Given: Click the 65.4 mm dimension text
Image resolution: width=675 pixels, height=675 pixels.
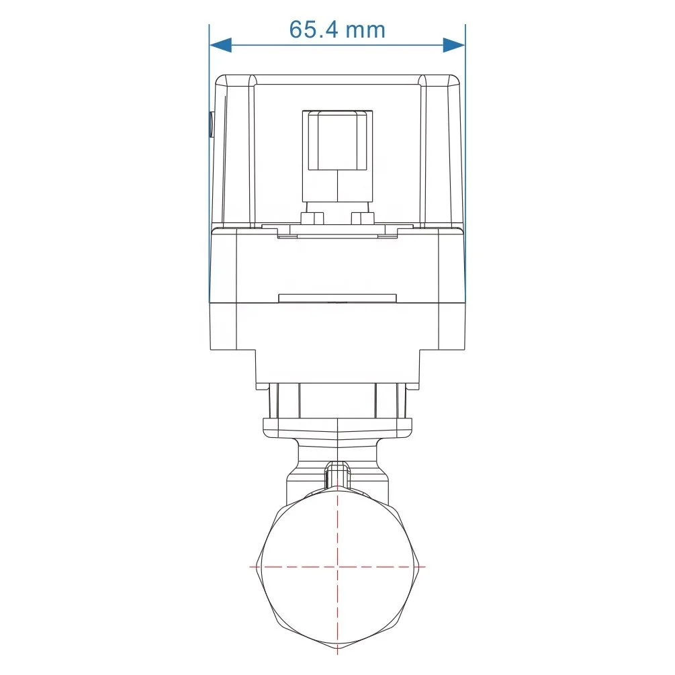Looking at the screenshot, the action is (x=337, y=30).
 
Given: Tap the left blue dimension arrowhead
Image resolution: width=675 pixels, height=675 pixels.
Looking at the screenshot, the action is (x=220, y=45).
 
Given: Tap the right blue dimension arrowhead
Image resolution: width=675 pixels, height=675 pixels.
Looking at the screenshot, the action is (x=454, y=45).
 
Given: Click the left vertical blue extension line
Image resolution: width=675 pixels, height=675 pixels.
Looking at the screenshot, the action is (x=209, y=164).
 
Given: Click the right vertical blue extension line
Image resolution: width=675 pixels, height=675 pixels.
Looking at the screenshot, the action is (x=465, y=164).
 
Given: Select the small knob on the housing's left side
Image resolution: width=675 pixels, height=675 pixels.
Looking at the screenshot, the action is (x=212, y=124).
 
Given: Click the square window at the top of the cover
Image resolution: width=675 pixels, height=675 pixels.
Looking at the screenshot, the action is (x=337, y=140).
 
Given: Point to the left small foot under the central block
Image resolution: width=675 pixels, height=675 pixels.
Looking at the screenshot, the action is (x=313, y=218).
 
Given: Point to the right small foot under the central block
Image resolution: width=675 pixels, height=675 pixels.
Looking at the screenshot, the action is (x=363, y=218).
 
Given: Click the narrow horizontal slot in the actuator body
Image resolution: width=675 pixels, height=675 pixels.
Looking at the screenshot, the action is (x=337, y=298).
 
